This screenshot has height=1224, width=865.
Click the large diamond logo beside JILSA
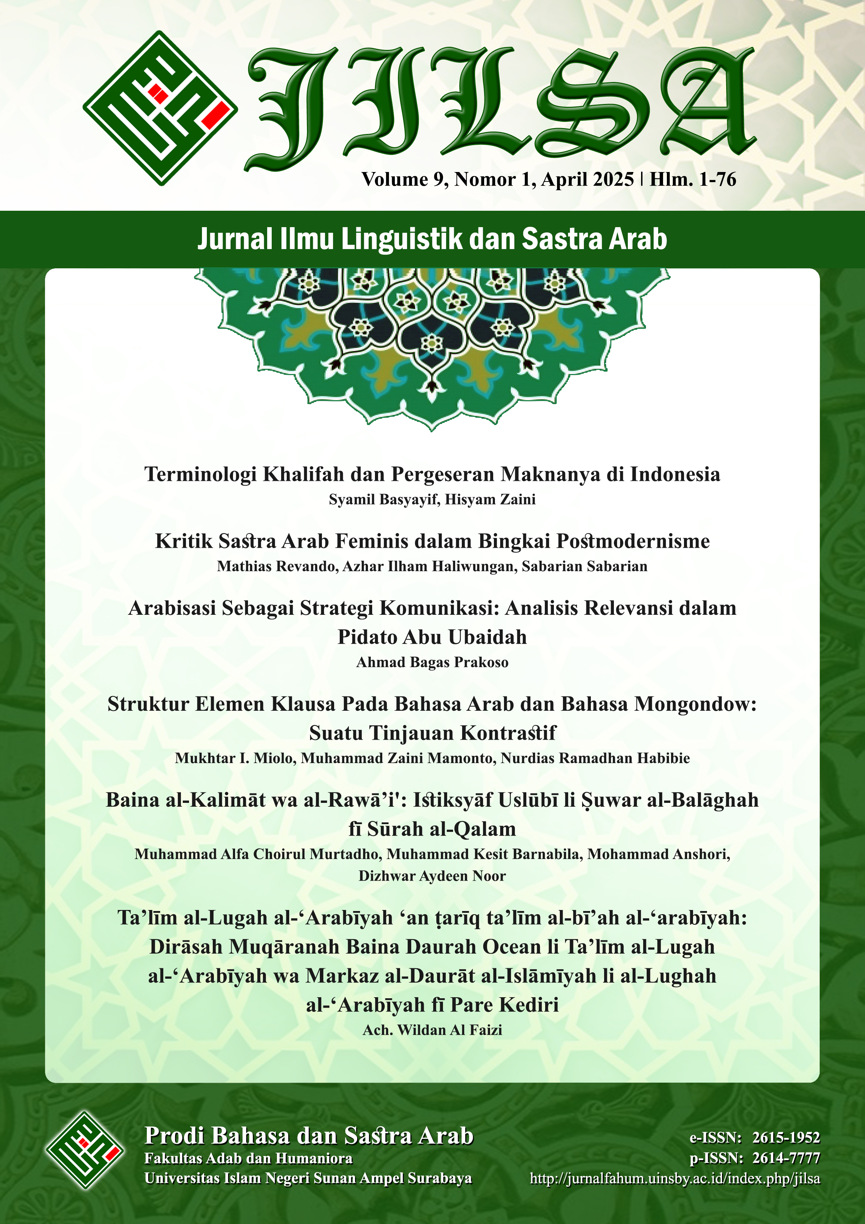pos(160,108)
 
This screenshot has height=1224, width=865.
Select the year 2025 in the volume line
pos(613,180)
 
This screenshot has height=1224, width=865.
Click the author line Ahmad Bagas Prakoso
pos(432,662)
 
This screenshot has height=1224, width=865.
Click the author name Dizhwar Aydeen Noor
pos(432,876)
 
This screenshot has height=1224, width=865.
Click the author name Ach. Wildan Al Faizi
pos(432,1030)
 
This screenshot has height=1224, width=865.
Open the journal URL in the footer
pos(675,1178)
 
